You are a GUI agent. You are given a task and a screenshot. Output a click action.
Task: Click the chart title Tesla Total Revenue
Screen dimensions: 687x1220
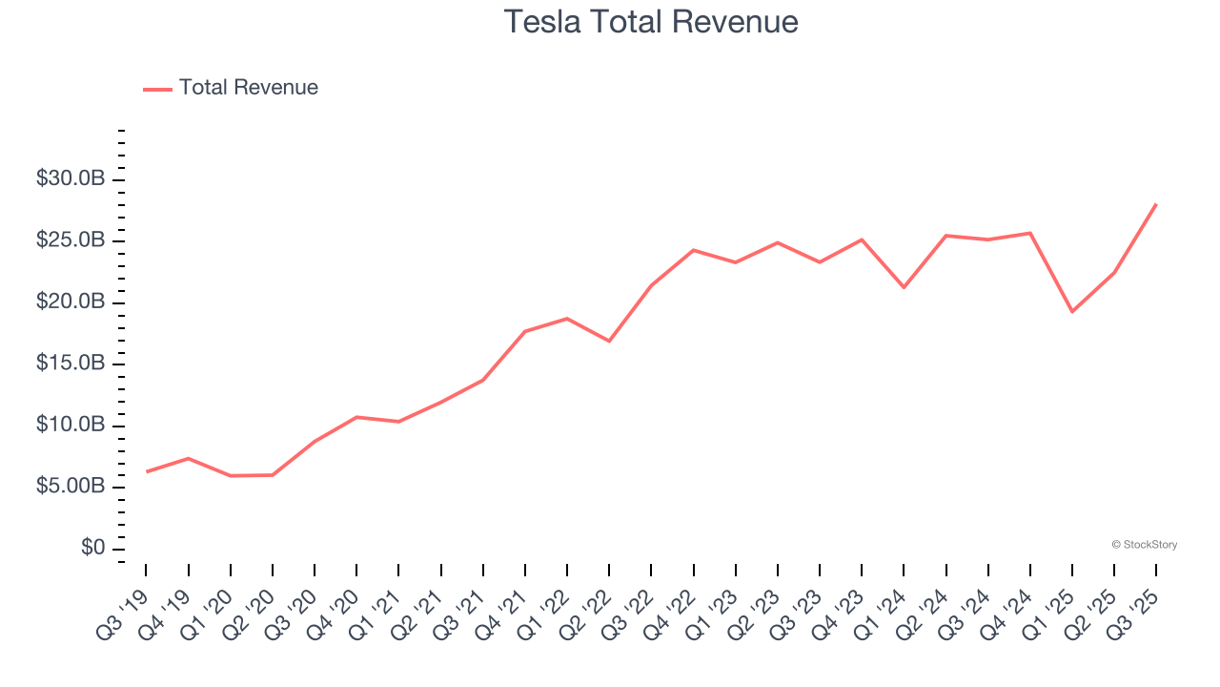coord(651,21)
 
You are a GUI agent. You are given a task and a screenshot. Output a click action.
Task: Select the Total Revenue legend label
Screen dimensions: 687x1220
coord(248,88)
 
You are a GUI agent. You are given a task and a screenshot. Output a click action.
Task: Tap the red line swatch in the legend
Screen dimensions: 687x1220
coord(157,89)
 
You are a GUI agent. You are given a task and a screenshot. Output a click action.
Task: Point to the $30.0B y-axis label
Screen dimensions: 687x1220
coord(71,179)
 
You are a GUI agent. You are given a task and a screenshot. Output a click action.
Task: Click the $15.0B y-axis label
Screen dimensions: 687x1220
coord(71,364)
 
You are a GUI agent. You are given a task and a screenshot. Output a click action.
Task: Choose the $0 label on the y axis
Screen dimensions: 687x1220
coord(93,548)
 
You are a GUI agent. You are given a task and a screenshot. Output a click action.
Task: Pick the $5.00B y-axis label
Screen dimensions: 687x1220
coord(71,487)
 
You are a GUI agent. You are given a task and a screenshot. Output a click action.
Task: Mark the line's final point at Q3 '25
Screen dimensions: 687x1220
coord(1155,204)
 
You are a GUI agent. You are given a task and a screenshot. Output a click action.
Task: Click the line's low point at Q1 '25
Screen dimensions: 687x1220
coord(1072,311)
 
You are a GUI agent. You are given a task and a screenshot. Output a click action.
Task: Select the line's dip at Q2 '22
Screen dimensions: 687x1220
coord(609,341)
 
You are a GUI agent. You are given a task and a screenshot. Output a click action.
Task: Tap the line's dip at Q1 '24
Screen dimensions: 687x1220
coord(904,287)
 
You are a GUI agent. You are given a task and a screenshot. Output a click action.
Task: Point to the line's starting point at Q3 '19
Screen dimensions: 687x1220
coord(147,471)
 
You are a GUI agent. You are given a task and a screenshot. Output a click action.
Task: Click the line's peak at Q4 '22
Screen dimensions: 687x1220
coord(694,250)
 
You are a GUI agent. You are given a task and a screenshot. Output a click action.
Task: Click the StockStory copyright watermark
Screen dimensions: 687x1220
coord(1144,545)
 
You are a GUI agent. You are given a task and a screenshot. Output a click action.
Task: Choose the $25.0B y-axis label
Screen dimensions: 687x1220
coord(71,240)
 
